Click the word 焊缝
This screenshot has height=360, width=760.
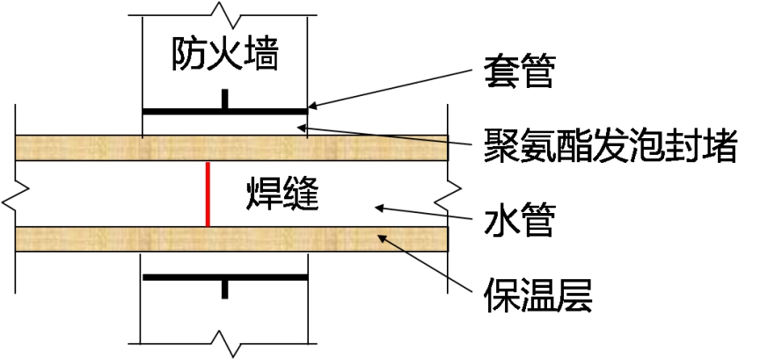[281, 195]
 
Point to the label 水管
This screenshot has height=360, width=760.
[519, 219]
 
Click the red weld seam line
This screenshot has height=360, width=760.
[207, 194]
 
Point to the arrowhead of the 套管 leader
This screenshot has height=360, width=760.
[311, 108]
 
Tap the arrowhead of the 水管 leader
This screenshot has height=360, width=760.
[377, 209]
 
